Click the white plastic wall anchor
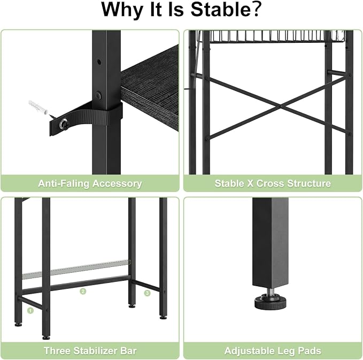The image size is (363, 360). click(38, 107)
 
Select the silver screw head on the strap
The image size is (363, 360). click(64, 125)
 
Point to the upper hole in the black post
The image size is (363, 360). click(99, 62)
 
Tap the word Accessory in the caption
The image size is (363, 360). click(117, 183)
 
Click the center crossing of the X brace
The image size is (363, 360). click(281, 106)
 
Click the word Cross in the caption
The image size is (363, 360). click(270, 183)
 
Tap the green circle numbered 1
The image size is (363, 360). click(30, 311)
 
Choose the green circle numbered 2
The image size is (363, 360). click(83, 291)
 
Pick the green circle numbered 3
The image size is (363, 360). click(147, 293)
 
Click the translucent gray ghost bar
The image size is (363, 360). click(76, 270)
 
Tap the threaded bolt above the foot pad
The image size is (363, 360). click(271, 291)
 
